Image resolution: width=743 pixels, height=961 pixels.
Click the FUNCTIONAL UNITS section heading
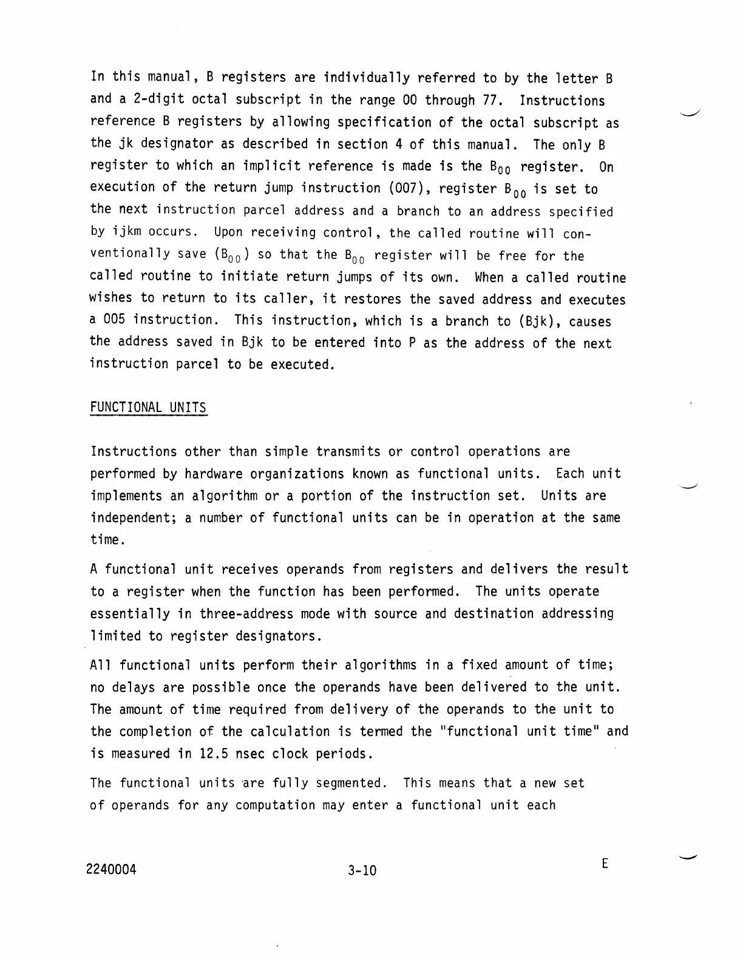(148, 408)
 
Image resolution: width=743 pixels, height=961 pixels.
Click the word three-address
(246, 614)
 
